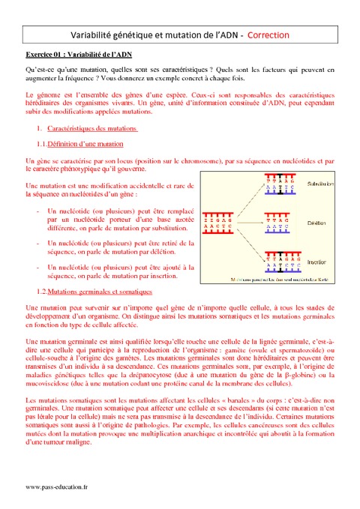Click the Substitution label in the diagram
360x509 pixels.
321,184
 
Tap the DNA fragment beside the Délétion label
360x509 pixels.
278,222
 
